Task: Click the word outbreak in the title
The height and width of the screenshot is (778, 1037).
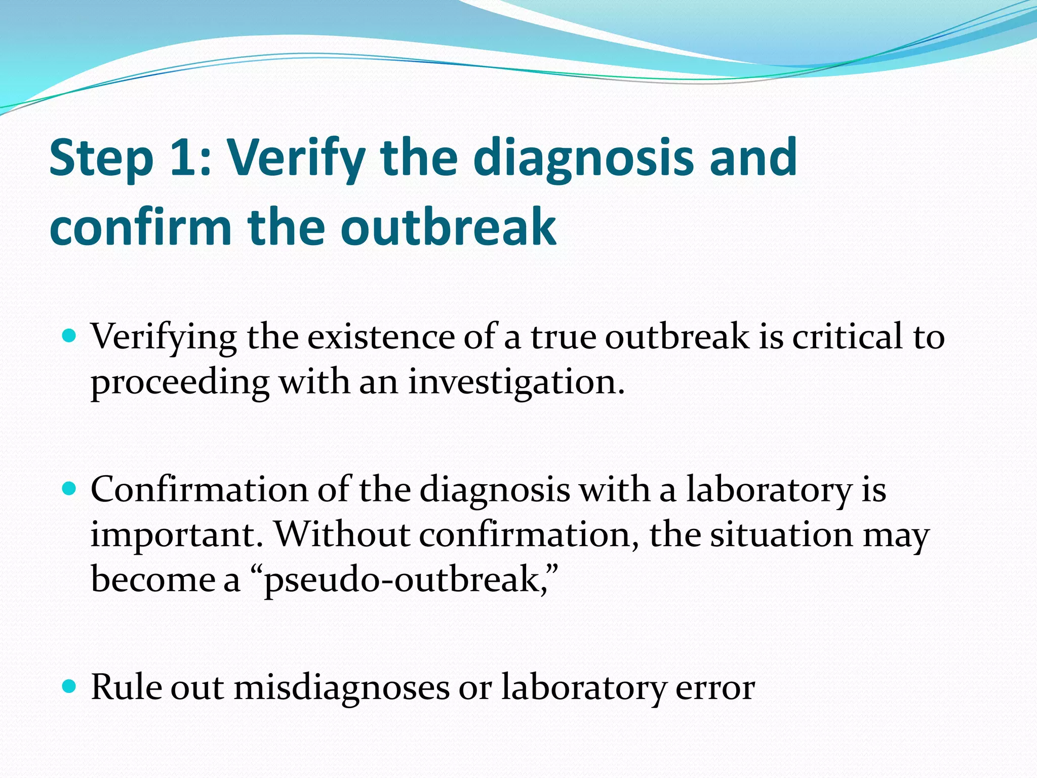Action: (448, 227)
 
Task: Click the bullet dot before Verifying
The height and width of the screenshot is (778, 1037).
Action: (69, 335)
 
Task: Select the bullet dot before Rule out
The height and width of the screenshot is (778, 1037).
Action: (69, 686)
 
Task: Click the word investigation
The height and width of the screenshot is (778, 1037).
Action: (516, 383)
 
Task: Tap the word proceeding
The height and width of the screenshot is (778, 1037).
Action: (180, 383)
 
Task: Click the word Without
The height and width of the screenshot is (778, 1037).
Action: (342, 535)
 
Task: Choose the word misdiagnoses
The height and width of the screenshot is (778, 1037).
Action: (342, 688)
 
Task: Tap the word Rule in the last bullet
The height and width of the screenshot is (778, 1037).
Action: (127, 688)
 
